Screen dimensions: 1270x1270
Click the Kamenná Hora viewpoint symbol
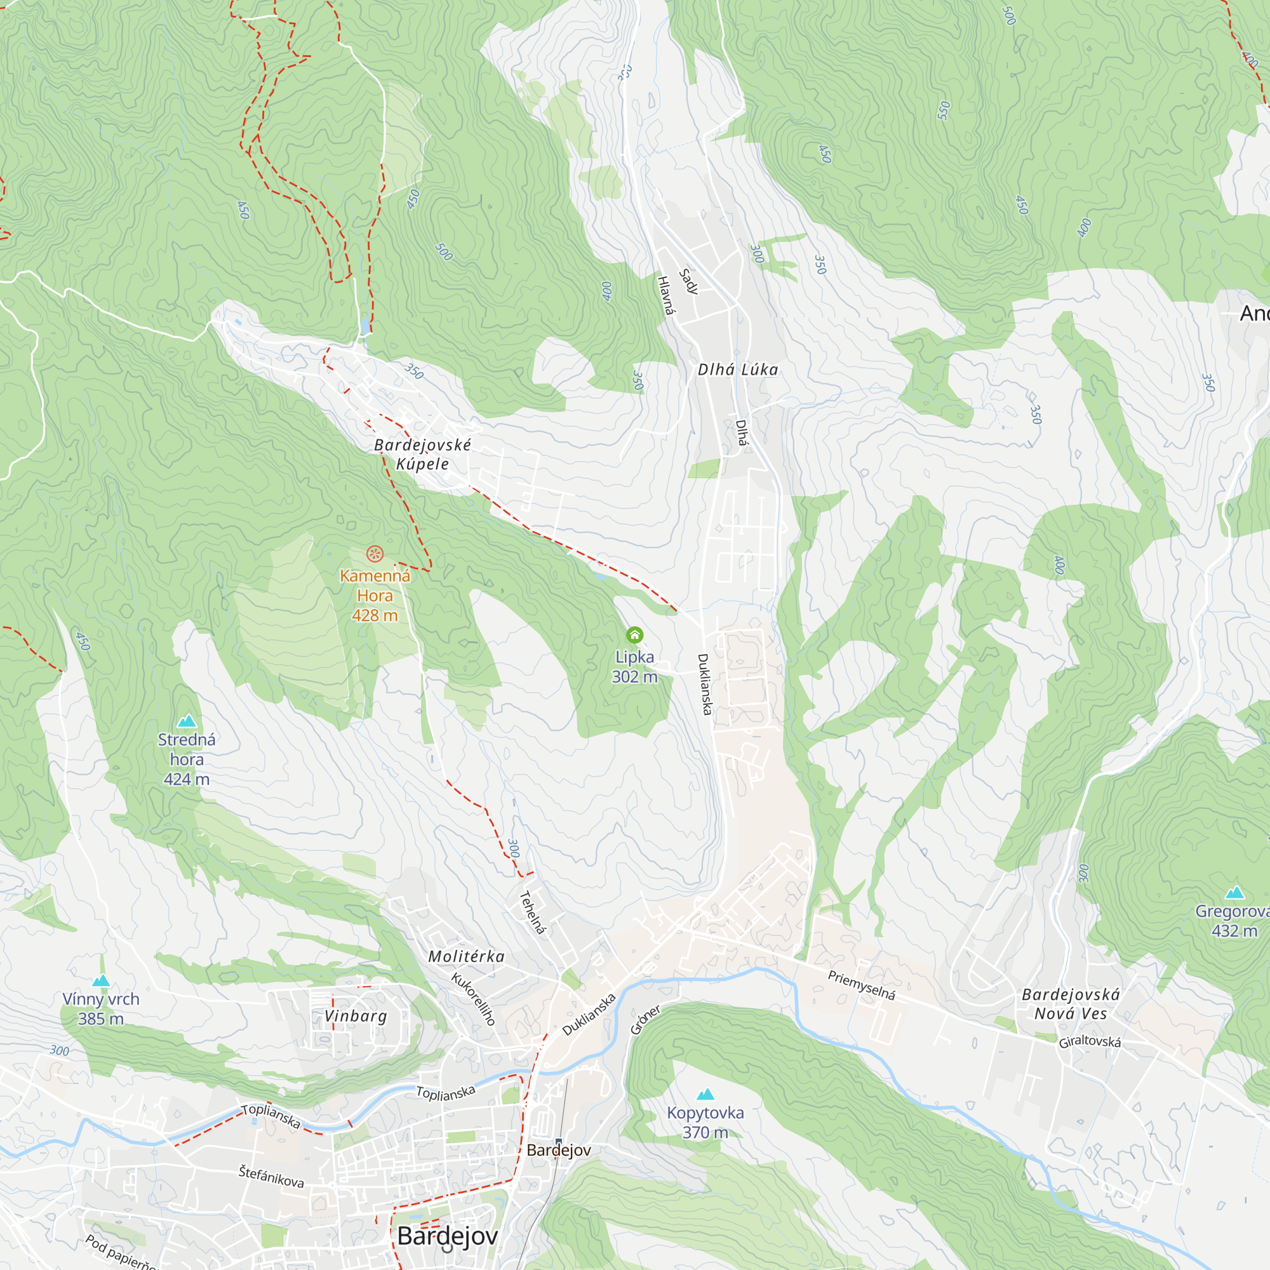375,554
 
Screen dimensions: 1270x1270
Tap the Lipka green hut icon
634,635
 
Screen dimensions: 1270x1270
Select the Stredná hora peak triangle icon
187,721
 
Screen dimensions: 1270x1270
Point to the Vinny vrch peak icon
100,981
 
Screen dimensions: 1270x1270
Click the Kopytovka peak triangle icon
705,1094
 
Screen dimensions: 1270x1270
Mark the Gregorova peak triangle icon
1234,893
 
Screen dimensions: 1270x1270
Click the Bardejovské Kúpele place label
422,454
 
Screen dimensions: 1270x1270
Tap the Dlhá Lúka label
737,370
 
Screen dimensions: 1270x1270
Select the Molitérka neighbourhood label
466,956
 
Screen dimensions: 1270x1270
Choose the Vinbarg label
356,1016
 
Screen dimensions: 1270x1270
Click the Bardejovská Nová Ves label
1070,1004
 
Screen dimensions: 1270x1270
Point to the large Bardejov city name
447,1236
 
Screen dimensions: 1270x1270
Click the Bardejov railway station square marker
559,1141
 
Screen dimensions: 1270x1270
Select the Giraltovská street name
1089,1041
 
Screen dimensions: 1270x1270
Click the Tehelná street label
533,912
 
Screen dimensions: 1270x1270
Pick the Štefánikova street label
271,1177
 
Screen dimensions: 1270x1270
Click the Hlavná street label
665,295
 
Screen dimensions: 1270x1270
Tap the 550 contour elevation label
944,110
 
